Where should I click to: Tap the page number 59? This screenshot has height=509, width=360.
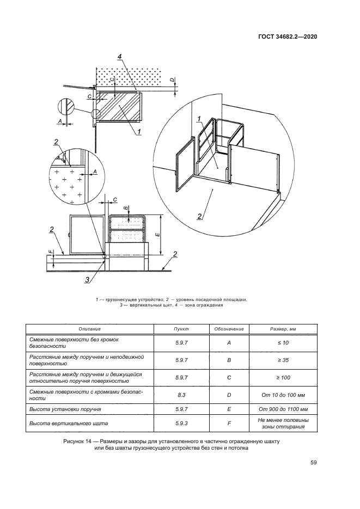click(x=314, y=463)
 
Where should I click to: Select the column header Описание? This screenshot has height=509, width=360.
click(x=90, y=329)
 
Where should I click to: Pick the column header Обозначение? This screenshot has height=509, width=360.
click(x=229, y=329)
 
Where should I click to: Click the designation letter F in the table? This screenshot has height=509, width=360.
click(x=229, y=423)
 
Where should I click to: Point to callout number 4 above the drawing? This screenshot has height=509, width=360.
click(x=119, y=56)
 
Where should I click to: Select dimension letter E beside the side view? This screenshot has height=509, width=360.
click(x=156, y=234)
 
